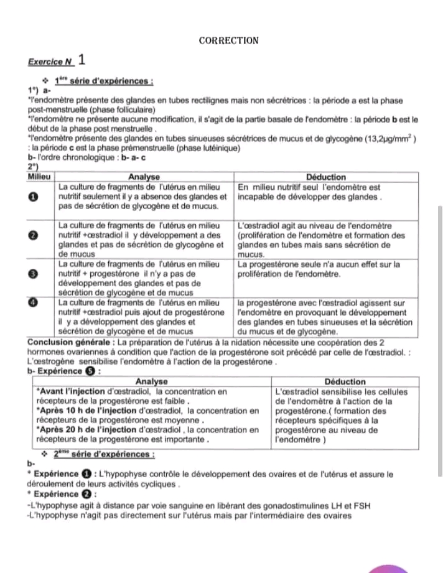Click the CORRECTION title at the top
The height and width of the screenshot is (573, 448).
[228, 41]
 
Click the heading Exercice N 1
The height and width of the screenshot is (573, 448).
[57, 62]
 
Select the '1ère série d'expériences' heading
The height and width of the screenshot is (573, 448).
[103, 82]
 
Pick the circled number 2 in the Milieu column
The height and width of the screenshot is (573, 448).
[35, 236]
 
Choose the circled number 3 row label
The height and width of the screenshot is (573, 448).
[35, 274]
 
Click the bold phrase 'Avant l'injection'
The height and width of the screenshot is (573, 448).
[70, 392]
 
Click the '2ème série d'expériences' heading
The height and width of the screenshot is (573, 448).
[103, 455]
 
